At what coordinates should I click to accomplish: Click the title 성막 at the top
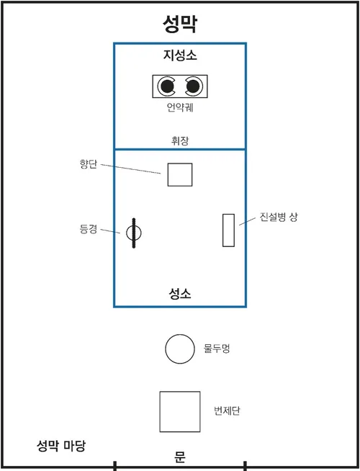coord(179,24)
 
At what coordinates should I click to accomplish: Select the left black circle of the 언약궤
coord(168,86)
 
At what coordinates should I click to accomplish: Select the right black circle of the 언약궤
coord(192,86)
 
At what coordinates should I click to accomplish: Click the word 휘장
coord(179,140)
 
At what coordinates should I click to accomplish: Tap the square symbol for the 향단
coord(180,174)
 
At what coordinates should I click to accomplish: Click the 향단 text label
coord(87,163)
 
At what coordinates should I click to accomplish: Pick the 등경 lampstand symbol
coord(134,233)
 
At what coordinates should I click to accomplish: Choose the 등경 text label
coord(88,229)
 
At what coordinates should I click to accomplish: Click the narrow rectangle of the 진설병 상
coord(228,230)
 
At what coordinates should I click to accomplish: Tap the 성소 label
coord(179,294)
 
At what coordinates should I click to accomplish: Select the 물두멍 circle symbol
coord(179,349)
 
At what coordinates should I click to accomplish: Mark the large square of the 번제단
coord(180,412)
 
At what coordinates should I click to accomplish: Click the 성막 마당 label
coord(61,446)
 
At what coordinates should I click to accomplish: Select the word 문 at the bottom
coord(180,456)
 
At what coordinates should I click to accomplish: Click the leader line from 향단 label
coord(130,169)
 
